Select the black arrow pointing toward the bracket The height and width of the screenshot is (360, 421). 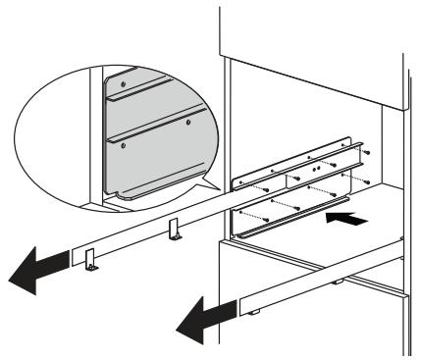(x=351, y=223)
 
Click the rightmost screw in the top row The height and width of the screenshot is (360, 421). (x=365, y=153)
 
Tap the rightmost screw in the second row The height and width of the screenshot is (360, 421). (x=365, y=181)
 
